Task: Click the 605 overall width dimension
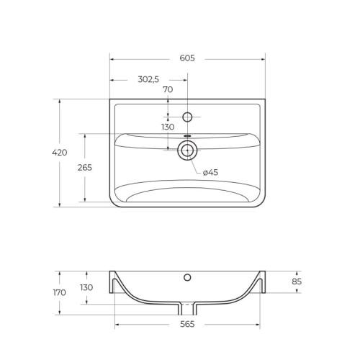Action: pos(187,58)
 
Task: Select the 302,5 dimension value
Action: pos(148,79)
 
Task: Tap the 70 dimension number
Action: pos(168,89)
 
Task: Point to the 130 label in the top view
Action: pos(168,127)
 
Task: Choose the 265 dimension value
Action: pos(85,168)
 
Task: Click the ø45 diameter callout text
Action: pos(210,172)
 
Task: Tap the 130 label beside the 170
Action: pos(86,287)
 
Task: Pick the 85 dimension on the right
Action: pos(297,282)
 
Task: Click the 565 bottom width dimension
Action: pos(187,325)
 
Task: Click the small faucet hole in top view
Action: pos(187,117)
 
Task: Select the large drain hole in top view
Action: pos(187,150)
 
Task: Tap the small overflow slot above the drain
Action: pos(187,135)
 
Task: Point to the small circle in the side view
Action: pos(187,276)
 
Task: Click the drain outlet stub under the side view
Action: pos(187,309)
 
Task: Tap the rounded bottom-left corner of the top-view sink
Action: pos(114,202)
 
